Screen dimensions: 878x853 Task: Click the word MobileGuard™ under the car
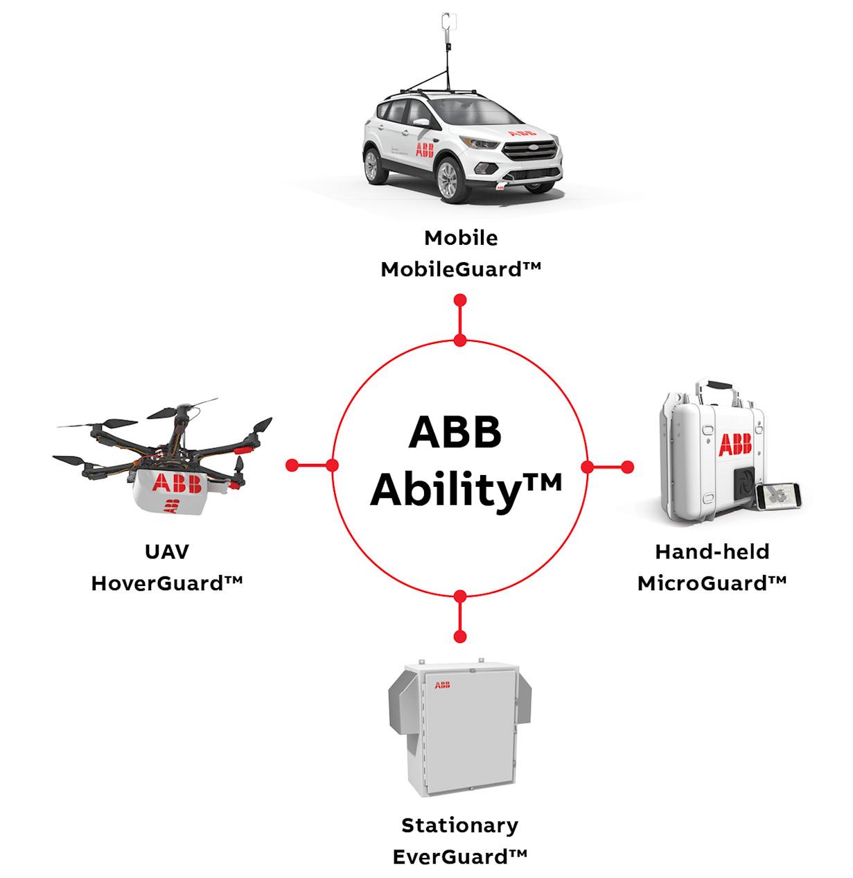pyautogui.click(x=460, y=270)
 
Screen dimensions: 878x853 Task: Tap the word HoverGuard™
pyautogui.click(x=167, y=583)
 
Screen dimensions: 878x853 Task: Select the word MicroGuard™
pyautogui.click(x=712, y=583)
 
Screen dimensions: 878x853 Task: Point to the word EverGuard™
pyautogui.click(x=460, y=857)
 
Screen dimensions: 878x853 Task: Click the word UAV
pyautogui.click(x=167, y=552)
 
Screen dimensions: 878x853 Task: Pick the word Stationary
pyautogui.click(x=460, y=825)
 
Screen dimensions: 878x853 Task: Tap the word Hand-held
pyautogui.click(x=712, y=552)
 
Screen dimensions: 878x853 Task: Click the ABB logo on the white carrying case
pyautogui.click(x=735, y=445)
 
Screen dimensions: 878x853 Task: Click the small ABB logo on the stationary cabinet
pyautogui.click(x=441, y=685)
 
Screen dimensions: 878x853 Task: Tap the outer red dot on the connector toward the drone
pyautogui.click(x=292, y=464)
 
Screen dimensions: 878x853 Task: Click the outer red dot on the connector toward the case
pyautogui.click(x=627, y=467)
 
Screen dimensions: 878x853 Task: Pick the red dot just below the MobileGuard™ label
pyautogui.click(x=459, y=300)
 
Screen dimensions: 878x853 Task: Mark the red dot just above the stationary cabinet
pyautogui.click(x=459, y=636)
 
